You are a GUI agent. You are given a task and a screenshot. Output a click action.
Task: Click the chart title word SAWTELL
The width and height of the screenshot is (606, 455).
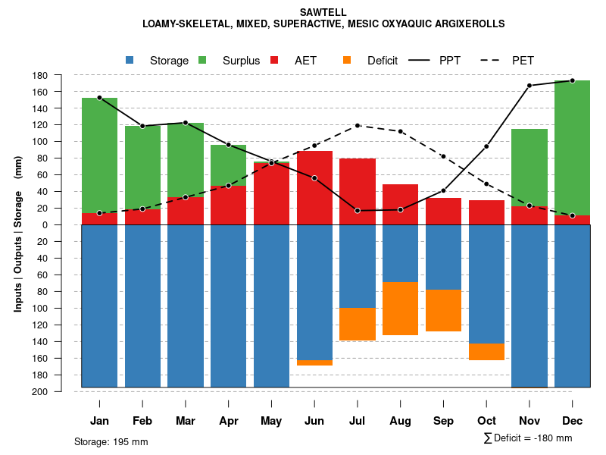[x=323, y=13]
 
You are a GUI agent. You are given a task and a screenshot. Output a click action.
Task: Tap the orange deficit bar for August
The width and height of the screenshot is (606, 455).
[x=400, y=308]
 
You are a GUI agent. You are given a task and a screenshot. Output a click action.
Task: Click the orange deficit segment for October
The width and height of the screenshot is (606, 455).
[x=486, y=351]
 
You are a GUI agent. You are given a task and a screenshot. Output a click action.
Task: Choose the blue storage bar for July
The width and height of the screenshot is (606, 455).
[x=358, y=265]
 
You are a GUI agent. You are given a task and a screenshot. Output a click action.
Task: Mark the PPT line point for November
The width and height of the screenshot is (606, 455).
[x=529, y=86]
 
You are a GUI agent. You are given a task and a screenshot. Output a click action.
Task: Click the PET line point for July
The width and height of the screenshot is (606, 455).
[x=358, y=126]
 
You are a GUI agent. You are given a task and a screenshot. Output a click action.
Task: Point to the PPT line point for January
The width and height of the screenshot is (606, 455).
[x=99, y=98]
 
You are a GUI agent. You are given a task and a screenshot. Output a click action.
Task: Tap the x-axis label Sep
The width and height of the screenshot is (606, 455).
[x=443, y=421]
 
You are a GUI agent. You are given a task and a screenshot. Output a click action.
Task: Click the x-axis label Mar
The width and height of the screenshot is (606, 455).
[x=186, y=421]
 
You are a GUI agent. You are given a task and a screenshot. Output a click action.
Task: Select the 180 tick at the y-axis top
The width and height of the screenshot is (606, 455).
[x=61, y=75]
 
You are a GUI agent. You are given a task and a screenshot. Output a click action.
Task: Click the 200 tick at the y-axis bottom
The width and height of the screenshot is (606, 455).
[x=61, y=391]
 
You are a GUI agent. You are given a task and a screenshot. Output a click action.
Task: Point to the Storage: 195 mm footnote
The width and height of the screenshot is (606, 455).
[x=111, y=441]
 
